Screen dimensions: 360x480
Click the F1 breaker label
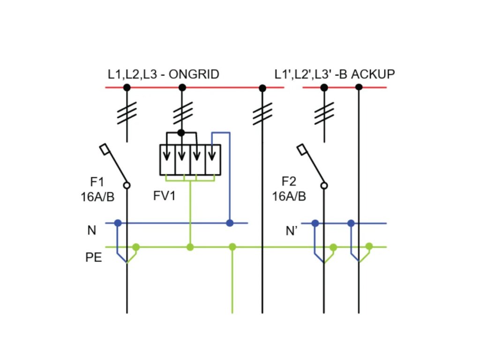coord(97,182)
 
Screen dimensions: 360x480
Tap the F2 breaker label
coord(289,182)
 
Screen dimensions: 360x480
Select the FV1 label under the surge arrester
coord(165,196)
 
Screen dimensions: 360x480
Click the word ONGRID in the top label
coord(194,75)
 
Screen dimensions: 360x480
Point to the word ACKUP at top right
coord(373,75)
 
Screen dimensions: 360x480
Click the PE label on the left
coord(94,258)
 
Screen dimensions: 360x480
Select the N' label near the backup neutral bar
coord(292,231)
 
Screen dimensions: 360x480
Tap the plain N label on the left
coord(92,231)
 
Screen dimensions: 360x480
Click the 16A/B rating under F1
coord(97,196)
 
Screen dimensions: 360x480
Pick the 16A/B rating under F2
coord(289,196)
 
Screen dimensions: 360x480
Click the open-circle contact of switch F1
coord(127,186)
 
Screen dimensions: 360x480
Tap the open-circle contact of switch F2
coord(323,186)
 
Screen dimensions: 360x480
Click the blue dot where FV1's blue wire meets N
coord(230,223)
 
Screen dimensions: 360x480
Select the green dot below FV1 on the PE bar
coord(190,247)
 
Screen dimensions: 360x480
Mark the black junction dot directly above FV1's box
coord(181,133)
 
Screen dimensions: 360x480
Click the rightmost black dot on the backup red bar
coord(359,87)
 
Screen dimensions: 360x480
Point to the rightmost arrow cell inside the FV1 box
coord(213,159)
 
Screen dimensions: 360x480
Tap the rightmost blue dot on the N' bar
coord(351,223)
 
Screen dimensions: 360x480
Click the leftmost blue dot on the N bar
coord(118,223)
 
